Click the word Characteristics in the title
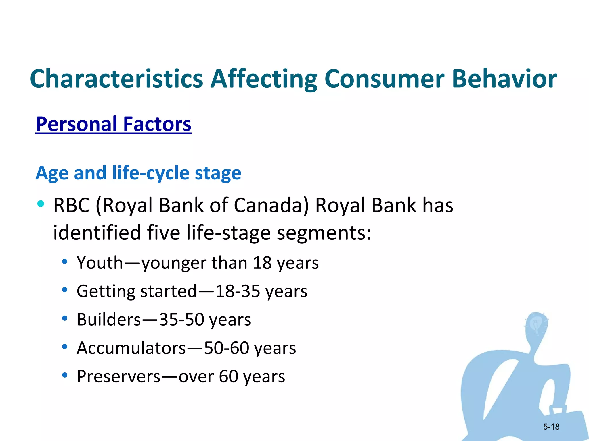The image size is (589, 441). click(116, 79)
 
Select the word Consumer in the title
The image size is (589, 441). click(384, 79)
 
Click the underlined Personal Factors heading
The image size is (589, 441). click(113, 124)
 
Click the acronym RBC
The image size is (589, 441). click(72, 206)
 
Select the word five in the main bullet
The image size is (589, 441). click(163, 233)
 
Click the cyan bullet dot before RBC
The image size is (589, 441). click(41, 204)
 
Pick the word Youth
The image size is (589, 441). click(100, 263)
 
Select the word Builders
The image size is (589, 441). click(109, 320)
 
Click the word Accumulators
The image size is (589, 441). click(131, 348)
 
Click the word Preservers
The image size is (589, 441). click(118, 376)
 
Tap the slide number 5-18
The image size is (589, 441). click(551, 427)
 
